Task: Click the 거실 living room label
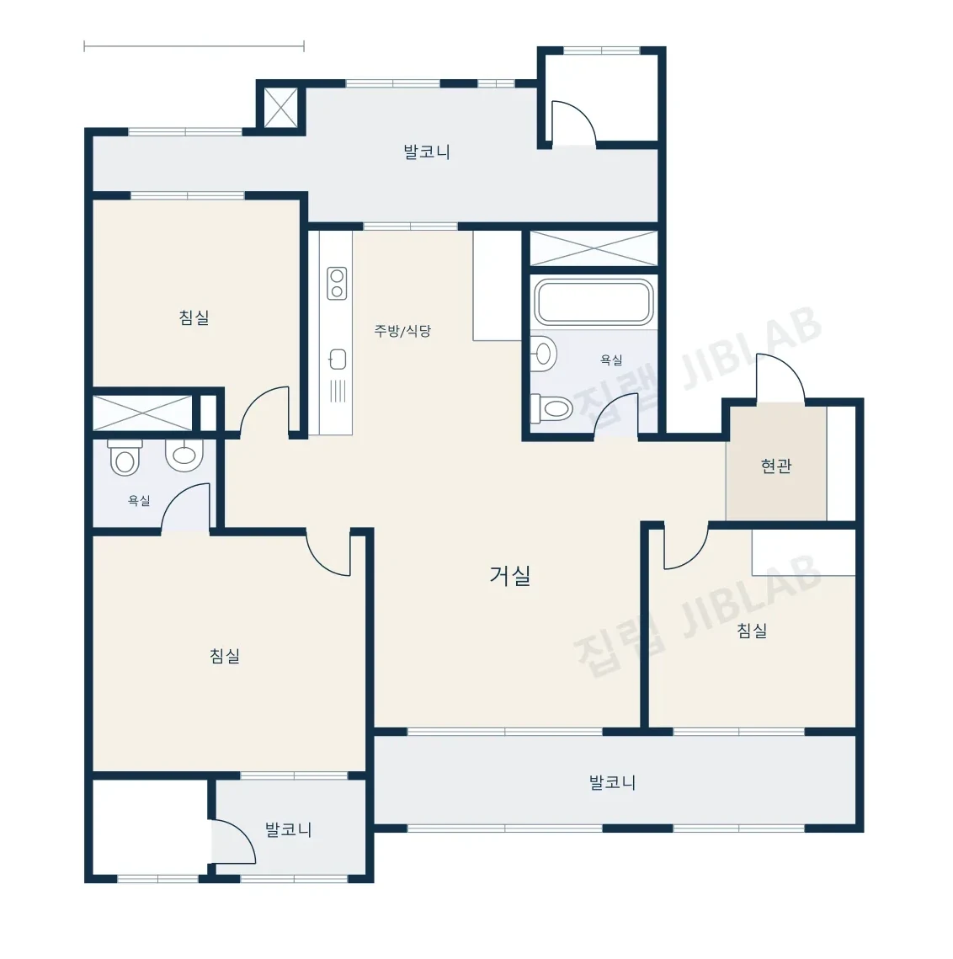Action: [x=509, y=575]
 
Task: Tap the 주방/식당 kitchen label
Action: [x=402, y=331]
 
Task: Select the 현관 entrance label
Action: [x=776, y=466]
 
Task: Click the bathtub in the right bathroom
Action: [x=594, y=301]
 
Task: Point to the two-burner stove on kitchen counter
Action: [x=337, y=283]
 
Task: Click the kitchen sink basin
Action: [x=338, y=360]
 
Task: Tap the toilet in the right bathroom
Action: [x=551, y=408]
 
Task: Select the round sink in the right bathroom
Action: [x=543, y=354]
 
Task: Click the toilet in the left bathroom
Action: [x=125, y=457]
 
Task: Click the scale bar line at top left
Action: [x=194, y=45]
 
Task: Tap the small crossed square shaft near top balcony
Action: [x=280, y=108]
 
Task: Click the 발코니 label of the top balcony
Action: [x=427, y=152]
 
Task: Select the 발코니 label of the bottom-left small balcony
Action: [x=289, y=829]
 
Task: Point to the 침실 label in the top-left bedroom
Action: [x=194, y=317]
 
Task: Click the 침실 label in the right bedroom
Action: [x=752, y=630]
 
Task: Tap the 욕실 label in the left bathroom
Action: [x=139, y=500]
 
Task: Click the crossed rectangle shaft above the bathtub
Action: [x=594, y=248]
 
